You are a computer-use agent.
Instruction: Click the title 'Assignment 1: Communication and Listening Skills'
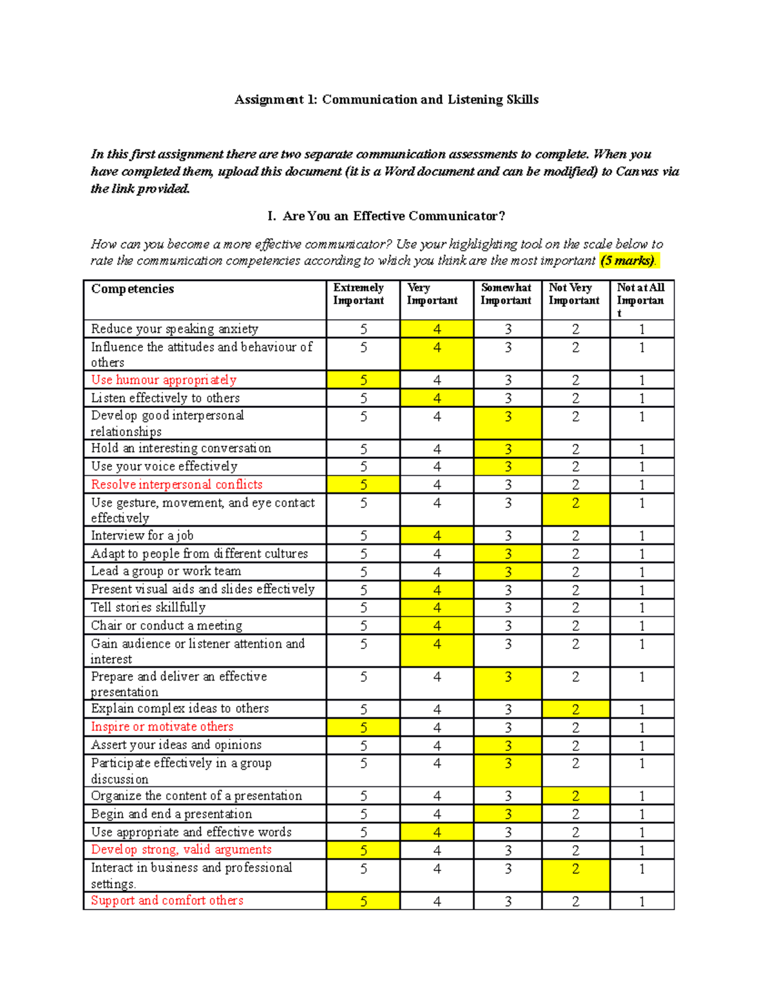coord(386,99)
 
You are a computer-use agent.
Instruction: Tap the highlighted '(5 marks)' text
coord(627,260)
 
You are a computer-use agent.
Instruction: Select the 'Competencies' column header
coord(133,289)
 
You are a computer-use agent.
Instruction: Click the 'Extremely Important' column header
coord(359,294)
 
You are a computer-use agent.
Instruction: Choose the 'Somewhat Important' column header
coord(506,294)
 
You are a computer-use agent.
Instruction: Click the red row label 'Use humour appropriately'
coord(164,380)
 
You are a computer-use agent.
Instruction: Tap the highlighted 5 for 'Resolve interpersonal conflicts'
coord(363,485)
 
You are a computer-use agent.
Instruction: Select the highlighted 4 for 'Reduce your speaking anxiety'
coord(437,329)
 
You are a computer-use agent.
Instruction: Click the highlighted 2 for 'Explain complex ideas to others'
coord(575,709)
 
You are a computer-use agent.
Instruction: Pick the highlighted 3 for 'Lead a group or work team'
coord(508,572)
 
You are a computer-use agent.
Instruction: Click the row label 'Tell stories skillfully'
coord(148,607)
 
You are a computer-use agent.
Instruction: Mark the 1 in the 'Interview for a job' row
coord(642,536)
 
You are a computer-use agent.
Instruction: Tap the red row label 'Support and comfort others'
coord(167,900)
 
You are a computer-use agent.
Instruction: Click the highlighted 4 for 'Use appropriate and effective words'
coord(437,832)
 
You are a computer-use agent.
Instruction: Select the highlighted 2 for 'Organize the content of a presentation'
coord(575,796)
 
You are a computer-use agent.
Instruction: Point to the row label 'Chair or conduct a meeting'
coord(166,625)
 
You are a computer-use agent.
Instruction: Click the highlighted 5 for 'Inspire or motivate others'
coord(363,727)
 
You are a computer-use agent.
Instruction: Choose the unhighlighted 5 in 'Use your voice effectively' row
coord(363,467)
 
